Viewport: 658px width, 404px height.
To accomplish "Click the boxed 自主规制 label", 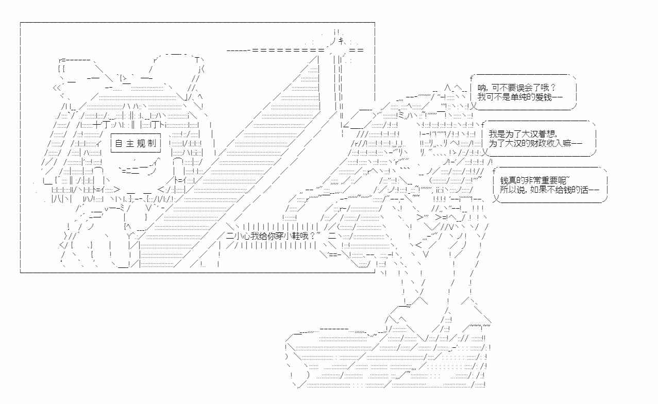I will tap(136, 144).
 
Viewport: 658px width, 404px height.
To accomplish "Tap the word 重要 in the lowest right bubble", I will tap(545, 180).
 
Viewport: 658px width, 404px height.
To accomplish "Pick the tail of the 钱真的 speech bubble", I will tap(495, 199).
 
